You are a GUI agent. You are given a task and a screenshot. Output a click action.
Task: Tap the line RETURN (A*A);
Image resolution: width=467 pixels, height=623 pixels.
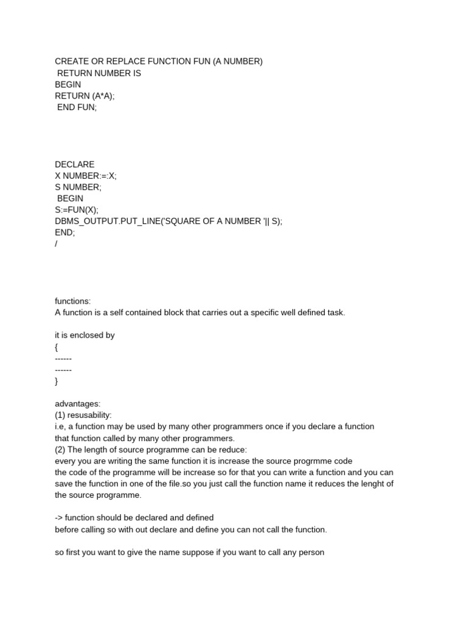tap(85, 96)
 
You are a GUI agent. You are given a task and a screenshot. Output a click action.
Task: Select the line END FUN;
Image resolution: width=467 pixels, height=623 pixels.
tap(77, 107)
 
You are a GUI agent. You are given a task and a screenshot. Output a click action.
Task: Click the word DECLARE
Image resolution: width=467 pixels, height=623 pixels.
tap(75, 164)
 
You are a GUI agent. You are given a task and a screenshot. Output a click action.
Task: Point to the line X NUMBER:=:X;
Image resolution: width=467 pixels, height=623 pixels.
tap(86, 176)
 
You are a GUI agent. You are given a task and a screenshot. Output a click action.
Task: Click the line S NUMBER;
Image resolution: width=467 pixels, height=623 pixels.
tap(78, 187)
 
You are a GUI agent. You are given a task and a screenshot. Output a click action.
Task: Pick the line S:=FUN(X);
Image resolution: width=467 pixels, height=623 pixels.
tap(77, 210)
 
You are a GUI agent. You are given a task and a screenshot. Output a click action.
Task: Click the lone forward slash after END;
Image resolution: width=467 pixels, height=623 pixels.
tap(56, 244)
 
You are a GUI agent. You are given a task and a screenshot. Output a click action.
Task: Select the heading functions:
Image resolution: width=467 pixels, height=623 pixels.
tap(72, 301)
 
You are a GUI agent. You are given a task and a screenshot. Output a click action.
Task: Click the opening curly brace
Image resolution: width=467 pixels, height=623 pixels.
tap(57, 347)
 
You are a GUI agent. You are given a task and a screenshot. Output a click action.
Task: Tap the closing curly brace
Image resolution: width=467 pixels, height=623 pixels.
tap(57, 381)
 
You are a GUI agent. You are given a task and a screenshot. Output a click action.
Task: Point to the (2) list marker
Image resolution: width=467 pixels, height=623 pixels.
tap(60, 450)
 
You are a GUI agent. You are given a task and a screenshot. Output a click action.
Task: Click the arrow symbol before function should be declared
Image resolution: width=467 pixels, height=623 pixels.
tap(59, 518)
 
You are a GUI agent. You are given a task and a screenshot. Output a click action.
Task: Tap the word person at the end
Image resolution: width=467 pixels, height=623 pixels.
tap(311, 552)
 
